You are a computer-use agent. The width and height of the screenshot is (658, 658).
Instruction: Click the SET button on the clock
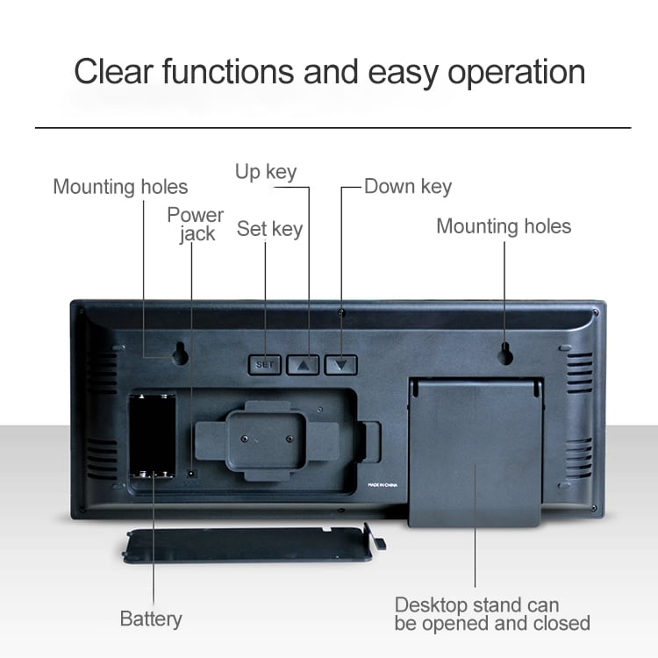click(x=265, y=364)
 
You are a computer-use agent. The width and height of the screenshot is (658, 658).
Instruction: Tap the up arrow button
click(x=304, y=364)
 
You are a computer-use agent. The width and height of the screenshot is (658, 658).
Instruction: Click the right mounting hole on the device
click(x=505, y=354)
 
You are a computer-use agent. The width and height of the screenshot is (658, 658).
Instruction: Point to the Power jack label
click(x=196, y=224)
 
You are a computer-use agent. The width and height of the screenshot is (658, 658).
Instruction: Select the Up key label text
click(x=266, y=172)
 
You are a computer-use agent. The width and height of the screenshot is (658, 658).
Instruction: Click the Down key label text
click(x=408, y=186)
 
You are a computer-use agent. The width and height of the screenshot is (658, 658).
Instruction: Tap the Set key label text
click(x=269, y=229)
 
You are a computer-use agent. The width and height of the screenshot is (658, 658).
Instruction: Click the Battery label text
click(x=151, y=619)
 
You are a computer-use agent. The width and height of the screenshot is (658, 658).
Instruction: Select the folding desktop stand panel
click(x=476, y=452)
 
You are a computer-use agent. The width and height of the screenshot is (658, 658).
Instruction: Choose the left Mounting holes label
click(x=120, y=187)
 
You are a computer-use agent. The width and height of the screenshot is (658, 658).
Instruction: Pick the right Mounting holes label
click(x=504, y=226)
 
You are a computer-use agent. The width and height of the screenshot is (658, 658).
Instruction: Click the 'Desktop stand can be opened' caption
click(x=491, y=614)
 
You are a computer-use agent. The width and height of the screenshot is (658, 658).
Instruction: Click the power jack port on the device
click(x=192, y=474)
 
